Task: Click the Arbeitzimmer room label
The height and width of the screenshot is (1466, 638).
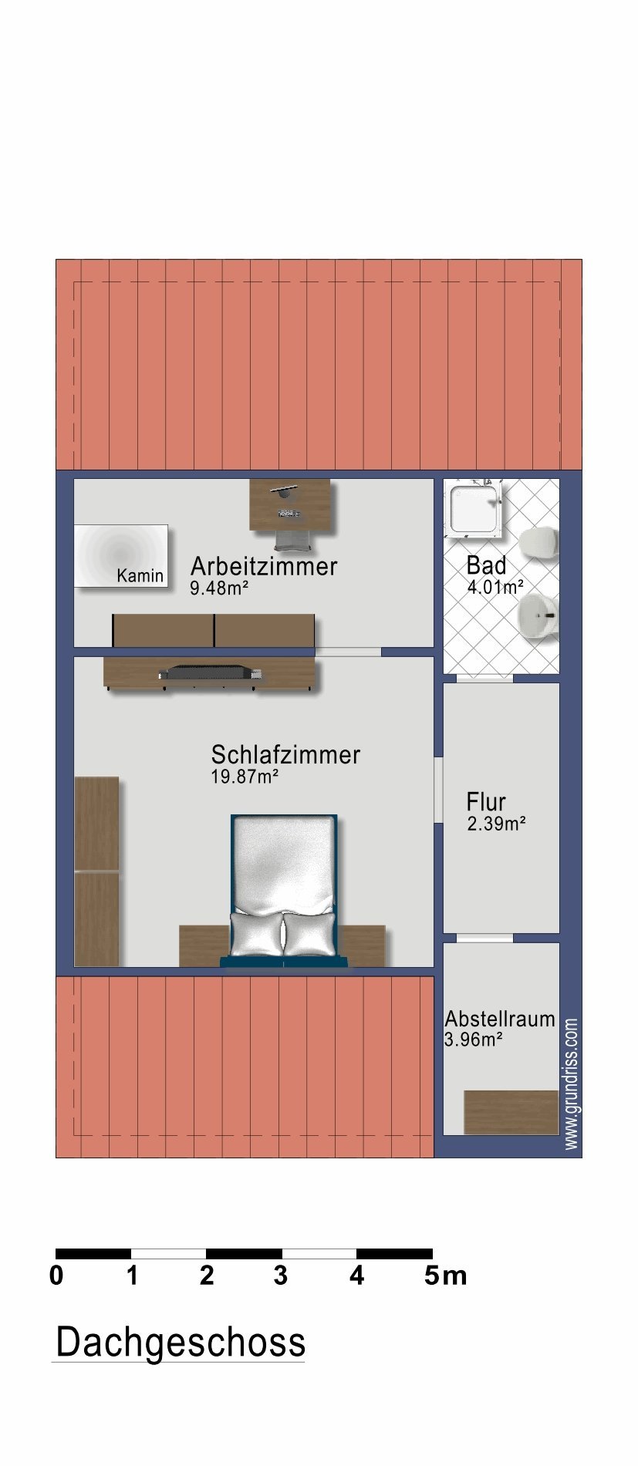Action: pyautogui.click(x=264, y=566)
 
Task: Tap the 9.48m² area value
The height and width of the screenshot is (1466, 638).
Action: pyautogui.click(x=219, y=588)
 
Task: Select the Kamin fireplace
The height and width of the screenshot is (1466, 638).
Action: pyautogui.click(x=121, y=555)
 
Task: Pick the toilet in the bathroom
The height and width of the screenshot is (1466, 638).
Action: pyautogui.click(x=538, y=542)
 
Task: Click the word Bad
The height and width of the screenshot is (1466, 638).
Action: pyautogui.click(x=486, y=565)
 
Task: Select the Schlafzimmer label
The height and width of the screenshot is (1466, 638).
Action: pyautogui.click(x=285, y=754)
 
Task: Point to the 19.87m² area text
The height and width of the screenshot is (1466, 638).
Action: pyautogui.click(x=245, y=777)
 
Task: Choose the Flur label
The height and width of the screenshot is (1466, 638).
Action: pyautogui.click(x=486, y=801)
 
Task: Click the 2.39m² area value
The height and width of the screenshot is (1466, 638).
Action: pyautogui.click(x=496, y=824)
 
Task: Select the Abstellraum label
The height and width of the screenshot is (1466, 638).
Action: pyautogui.click(x=500, y=1019)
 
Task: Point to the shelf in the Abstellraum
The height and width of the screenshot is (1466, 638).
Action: pyautogui.click(x=511, y=1112)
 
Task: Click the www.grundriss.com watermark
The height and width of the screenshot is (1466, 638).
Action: pyautogui.click(x=572, y=1084)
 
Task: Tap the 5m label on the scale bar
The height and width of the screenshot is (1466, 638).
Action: pyautogui.click(x=446, y=1276)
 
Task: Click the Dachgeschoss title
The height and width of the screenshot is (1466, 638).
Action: pyautogui.click(x=181, y=1343)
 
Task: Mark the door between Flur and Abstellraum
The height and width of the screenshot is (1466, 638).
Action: pyautogui.click(x=484, y=938)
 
